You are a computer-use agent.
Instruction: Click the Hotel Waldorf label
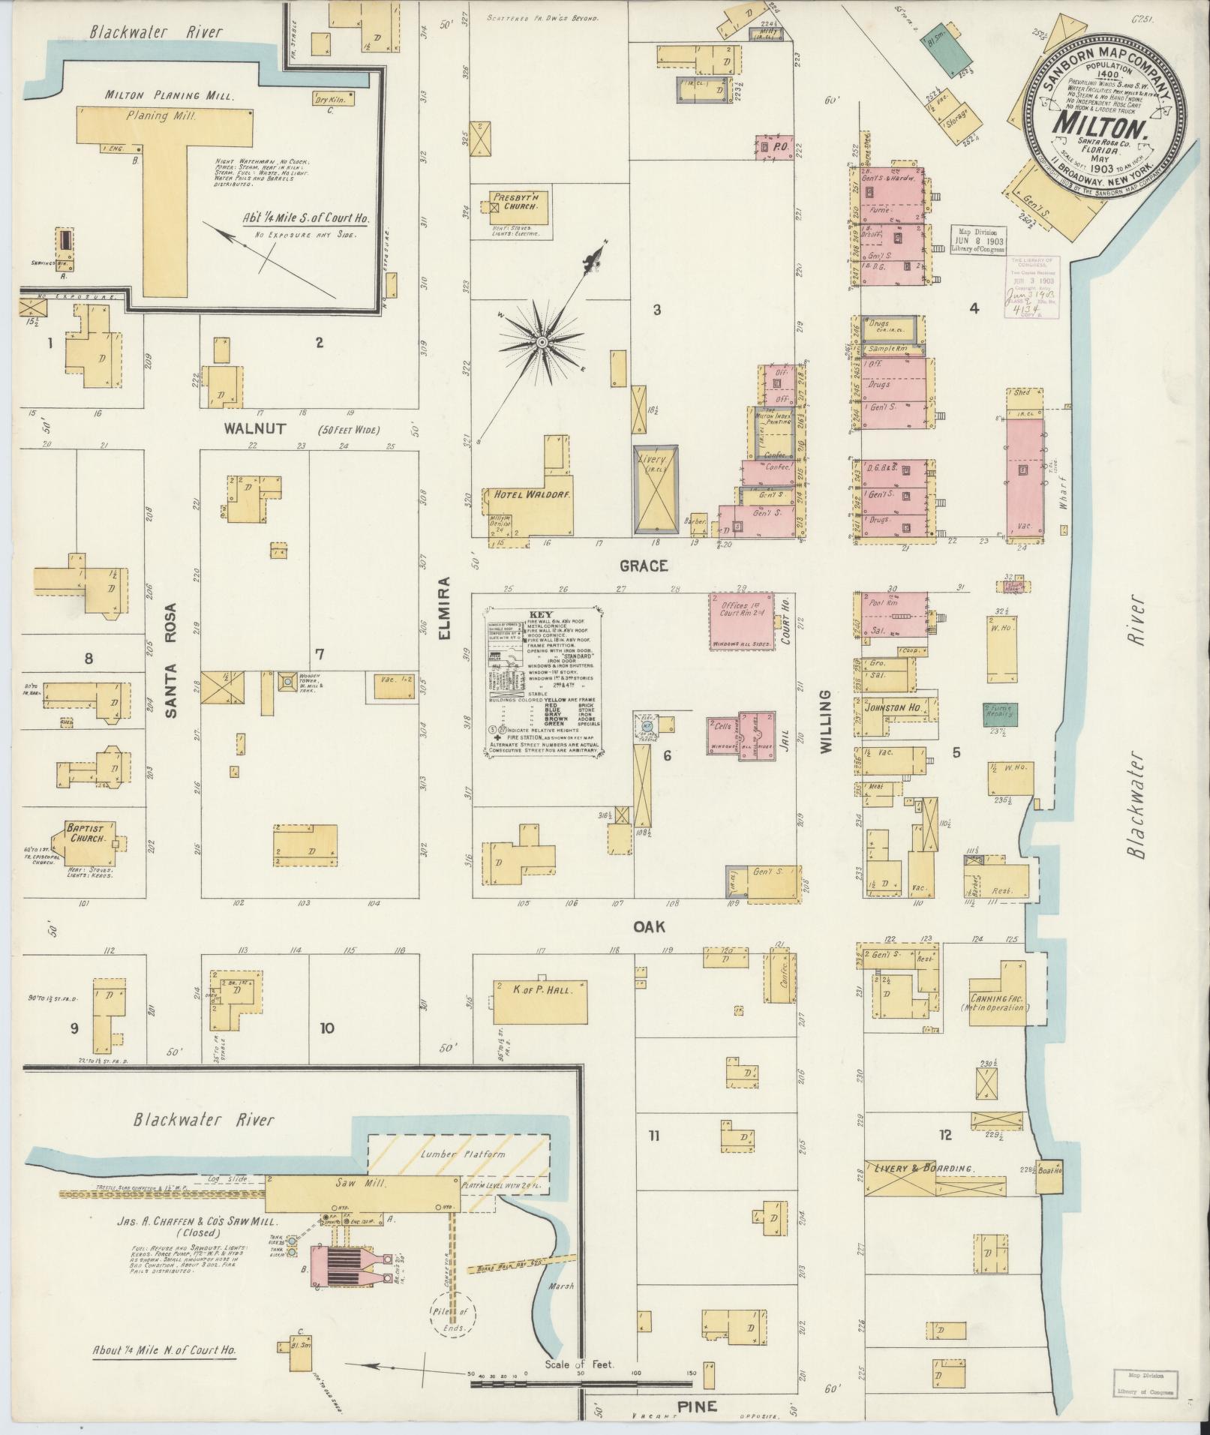tap(522, 495)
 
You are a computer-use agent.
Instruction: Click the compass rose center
tap(540, 343)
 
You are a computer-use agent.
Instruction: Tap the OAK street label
tap(649, 927)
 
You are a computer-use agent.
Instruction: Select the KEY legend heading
tap(540, 613)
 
